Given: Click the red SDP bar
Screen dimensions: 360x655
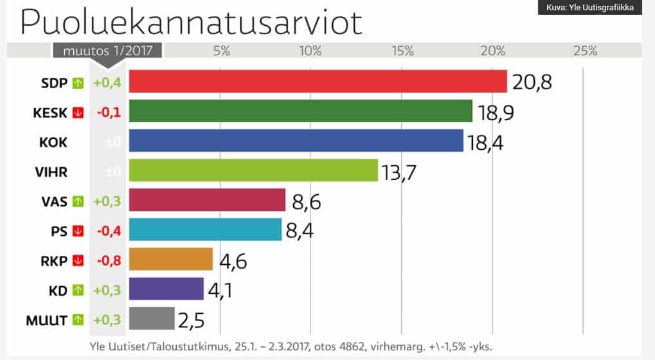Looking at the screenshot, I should point(318,82).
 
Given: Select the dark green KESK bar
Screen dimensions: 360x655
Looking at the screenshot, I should point(301,111).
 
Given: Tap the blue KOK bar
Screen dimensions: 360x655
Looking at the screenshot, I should point(296,141).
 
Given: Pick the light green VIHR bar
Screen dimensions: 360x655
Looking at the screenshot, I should point(253,170).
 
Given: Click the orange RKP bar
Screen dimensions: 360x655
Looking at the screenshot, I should point(171,259).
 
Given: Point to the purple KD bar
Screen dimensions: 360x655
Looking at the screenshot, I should point(166,289).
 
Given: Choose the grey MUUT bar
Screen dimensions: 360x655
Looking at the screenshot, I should point(152,318).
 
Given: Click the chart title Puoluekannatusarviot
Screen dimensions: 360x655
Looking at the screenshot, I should point(192,22).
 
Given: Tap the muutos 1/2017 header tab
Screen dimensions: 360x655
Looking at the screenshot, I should point(107,51).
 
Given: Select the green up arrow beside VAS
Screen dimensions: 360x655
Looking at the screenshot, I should point(78,201).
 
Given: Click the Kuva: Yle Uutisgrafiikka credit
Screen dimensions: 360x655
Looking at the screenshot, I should point(589,8).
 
